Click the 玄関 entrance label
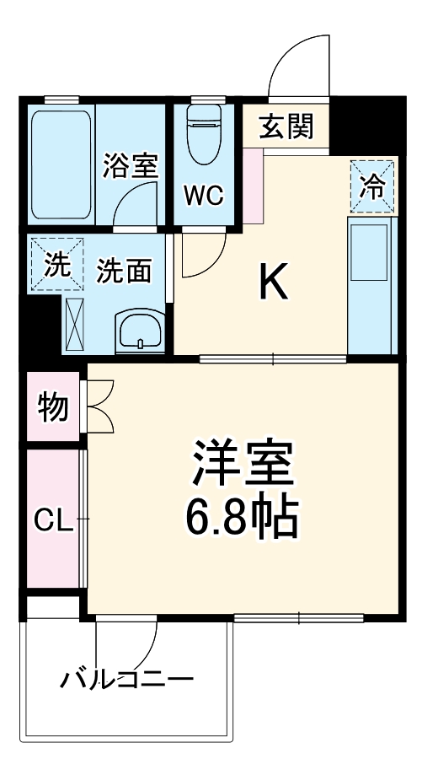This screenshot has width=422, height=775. click(286, 127)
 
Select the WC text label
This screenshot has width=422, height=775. click(203, 196)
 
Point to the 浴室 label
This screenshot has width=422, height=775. click(130, 165)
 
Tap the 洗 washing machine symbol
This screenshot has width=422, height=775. click(56, 265)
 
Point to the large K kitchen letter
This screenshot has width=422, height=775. click(274, 284)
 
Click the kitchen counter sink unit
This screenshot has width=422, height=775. click(371, 253)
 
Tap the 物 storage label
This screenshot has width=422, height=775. click(52, 407)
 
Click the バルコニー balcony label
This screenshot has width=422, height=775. click(126, 679)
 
